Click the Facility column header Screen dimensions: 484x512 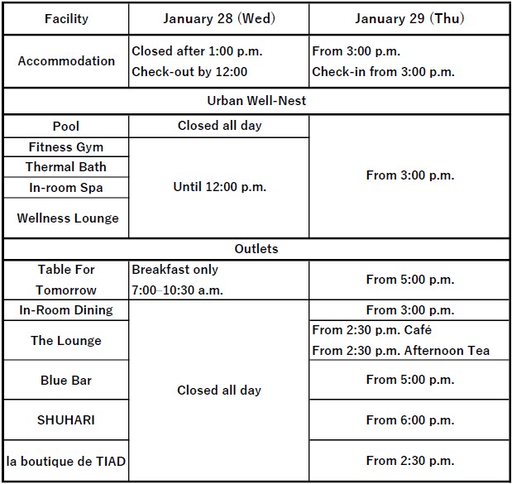coord(66,19)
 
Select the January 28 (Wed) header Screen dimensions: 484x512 coord(218,19)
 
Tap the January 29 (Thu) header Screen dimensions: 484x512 coord(409,19)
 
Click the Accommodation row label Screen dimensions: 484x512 coord(66,61)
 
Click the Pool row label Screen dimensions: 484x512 coord(66,126)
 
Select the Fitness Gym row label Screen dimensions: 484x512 coord(66,146)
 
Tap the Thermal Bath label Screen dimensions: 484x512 coord(66,167)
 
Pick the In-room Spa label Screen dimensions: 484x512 coord(66,188)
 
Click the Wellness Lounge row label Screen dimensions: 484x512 coord(67,218)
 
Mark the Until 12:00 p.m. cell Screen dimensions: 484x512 coord(219,187)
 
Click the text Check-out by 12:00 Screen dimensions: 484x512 coord(189,72)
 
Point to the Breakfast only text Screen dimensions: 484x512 coord(175,270)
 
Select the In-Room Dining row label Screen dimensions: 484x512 coord(66,310)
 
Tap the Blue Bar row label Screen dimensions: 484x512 coord(66,381)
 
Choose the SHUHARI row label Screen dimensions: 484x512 coord(66,420)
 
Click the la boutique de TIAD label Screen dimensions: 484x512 coord(66,461)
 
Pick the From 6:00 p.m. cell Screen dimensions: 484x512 coord(409,420)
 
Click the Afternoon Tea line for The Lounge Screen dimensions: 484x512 coord(400,351)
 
